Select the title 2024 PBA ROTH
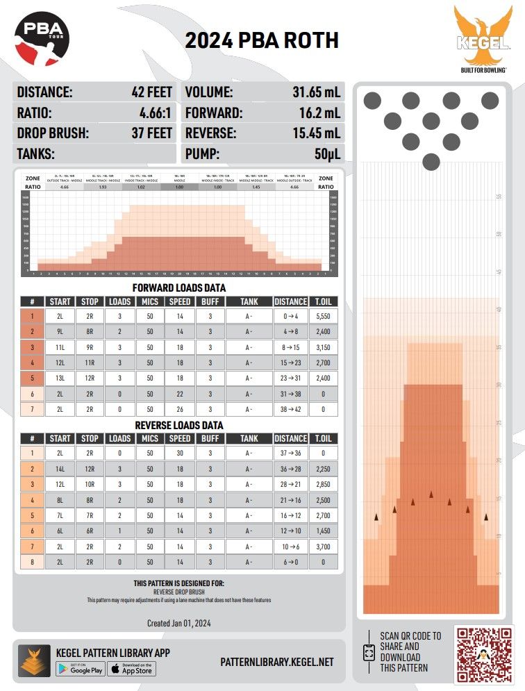tap(262, 41)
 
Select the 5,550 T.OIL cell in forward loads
tap(322, 316)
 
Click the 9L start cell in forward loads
tap(60, 331)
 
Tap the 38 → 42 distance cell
tap(290, 410)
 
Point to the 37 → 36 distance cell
tap(290, 453)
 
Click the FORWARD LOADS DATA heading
tap(179, 288)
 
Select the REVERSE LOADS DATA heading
tap(179, 425)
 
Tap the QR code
tap(484, 653)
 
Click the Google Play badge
tap(81, 669)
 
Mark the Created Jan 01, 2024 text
tap(179, 622)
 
